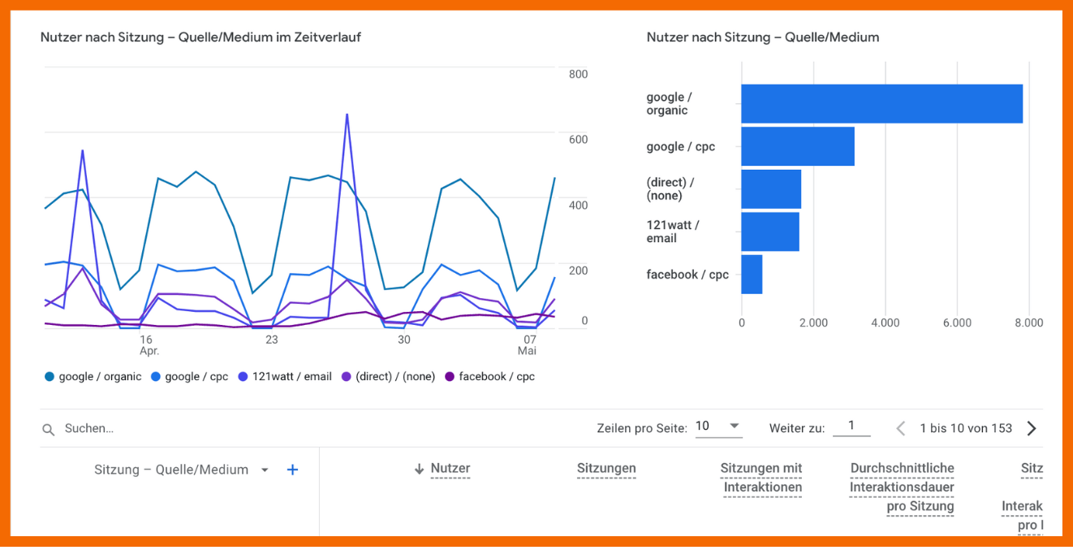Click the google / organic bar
click(x=881, y=104)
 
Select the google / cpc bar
click(x=797, y=146)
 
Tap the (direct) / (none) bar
click(x=770, y=189)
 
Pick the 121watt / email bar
click(x=769, y=232)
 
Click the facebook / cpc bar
click(x=752, y=275)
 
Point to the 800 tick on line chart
click(x=578, y=74)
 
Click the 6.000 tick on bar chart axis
click(x=957, y=323)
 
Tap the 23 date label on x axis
click(x=271, y=340)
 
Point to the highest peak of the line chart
click(x=347, y=115)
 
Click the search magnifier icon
click(x=49, y=429)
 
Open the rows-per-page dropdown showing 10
click(x=718, y=427)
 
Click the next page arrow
click(x=1031, y=428)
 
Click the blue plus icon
click(x=292, y=470)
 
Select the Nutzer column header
click(x=450, y=469)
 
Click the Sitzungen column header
click(x=606, y=469)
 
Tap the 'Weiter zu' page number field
click(x=851, y=427)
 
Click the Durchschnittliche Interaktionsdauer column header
click(x=902, y=487)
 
